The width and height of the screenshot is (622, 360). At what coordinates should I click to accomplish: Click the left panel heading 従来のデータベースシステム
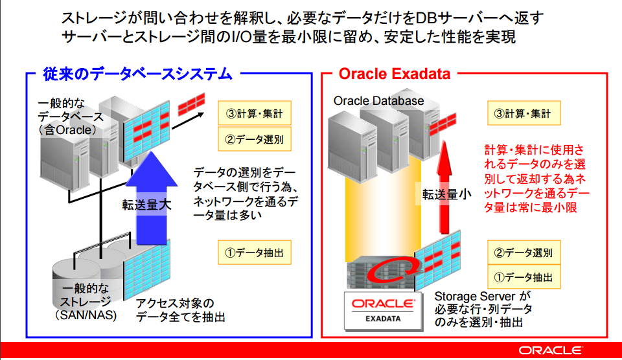[137, 74]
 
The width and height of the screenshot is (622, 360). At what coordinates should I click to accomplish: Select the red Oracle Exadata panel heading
[394, 74]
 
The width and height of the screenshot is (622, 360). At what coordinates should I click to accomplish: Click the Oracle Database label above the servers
[378, 101]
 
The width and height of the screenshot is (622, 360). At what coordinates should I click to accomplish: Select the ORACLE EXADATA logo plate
[383, 309]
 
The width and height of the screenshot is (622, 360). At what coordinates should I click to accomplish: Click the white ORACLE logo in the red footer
[549, 350]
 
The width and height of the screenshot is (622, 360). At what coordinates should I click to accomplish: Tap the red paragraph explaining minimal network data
[536, 178]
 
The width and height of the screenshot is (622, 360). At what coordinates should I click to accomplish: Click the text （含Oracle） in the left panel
[67, 130]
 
